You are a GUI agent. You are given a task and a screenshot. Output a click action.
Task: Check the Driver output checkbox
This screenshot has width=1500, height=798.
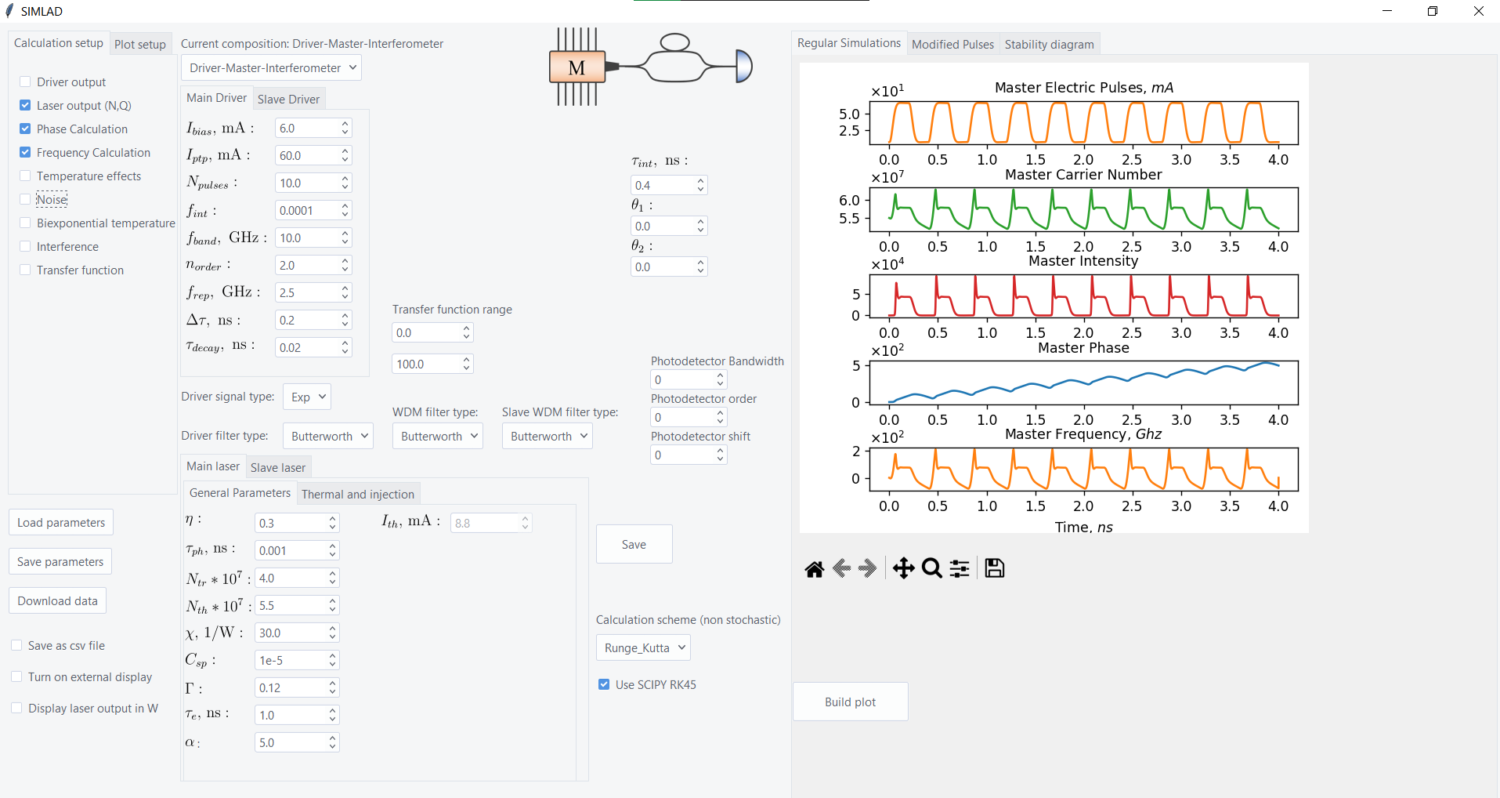coord(26,82)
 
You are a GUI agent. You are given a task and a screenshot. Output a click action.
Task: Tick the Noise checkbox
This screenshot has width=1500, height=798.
coord(26,200)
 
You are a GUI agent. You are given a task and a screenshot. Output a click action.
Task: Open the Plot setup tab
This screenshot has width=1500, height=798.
coord(139,45)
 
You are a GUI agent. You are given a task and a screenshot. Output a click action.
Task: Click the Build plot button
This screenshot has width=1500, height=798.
coord(850,702)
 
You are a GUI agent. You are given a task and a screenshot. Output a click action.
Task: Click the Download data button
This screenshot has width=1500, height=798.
coord(57,601)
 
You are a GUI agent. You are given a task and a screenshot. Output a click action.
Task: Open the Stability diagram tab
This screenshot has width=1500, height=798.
coord(1049,45)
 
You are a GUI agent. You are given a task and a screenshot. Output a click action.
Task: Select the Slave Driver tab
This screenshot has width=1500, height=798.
coord(288,99)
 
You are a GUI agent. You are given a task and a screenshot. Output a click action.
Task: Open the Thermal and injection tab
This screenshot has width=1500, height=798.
coord(357,494)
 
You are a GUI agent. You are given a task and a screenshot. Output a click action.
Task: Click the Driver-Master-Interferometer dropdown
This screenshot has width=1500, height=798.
coord(271,68)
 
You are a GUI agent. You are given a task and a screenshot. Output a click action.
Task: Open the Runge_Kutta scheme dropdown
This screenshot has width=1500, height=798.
coord(642,648)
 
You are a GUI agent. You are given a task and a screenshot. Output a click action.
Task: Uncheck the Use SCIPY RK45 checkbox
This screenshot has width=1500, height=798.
coord(604,684)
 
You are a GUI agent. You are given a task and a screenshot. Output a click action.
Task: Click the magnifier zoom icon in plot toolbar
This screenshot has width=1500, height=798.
coord(931,568)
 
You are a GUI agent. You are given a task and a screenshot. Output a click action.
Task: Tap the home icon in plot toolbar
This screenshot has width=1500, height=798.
coord(815,568)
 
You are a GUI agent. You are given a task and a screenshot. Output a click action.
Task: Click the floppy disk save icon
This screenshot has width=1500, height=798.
coord(995,568)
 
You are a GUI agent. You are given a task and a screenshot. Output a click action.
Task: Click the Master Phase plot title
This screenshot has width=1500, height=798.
coord(1083,348)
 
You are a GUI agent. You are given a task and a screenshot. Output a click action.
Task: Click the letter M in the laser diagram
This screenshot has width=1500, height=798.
coord(577,68)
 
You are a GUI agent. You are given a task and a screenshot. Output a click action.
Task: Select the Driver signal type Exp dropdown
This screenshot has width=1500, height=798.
coord(306,397)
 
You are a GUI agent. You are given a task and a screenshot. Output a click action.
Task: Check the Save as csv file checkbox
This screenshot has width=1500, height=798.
coord(17,646)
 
